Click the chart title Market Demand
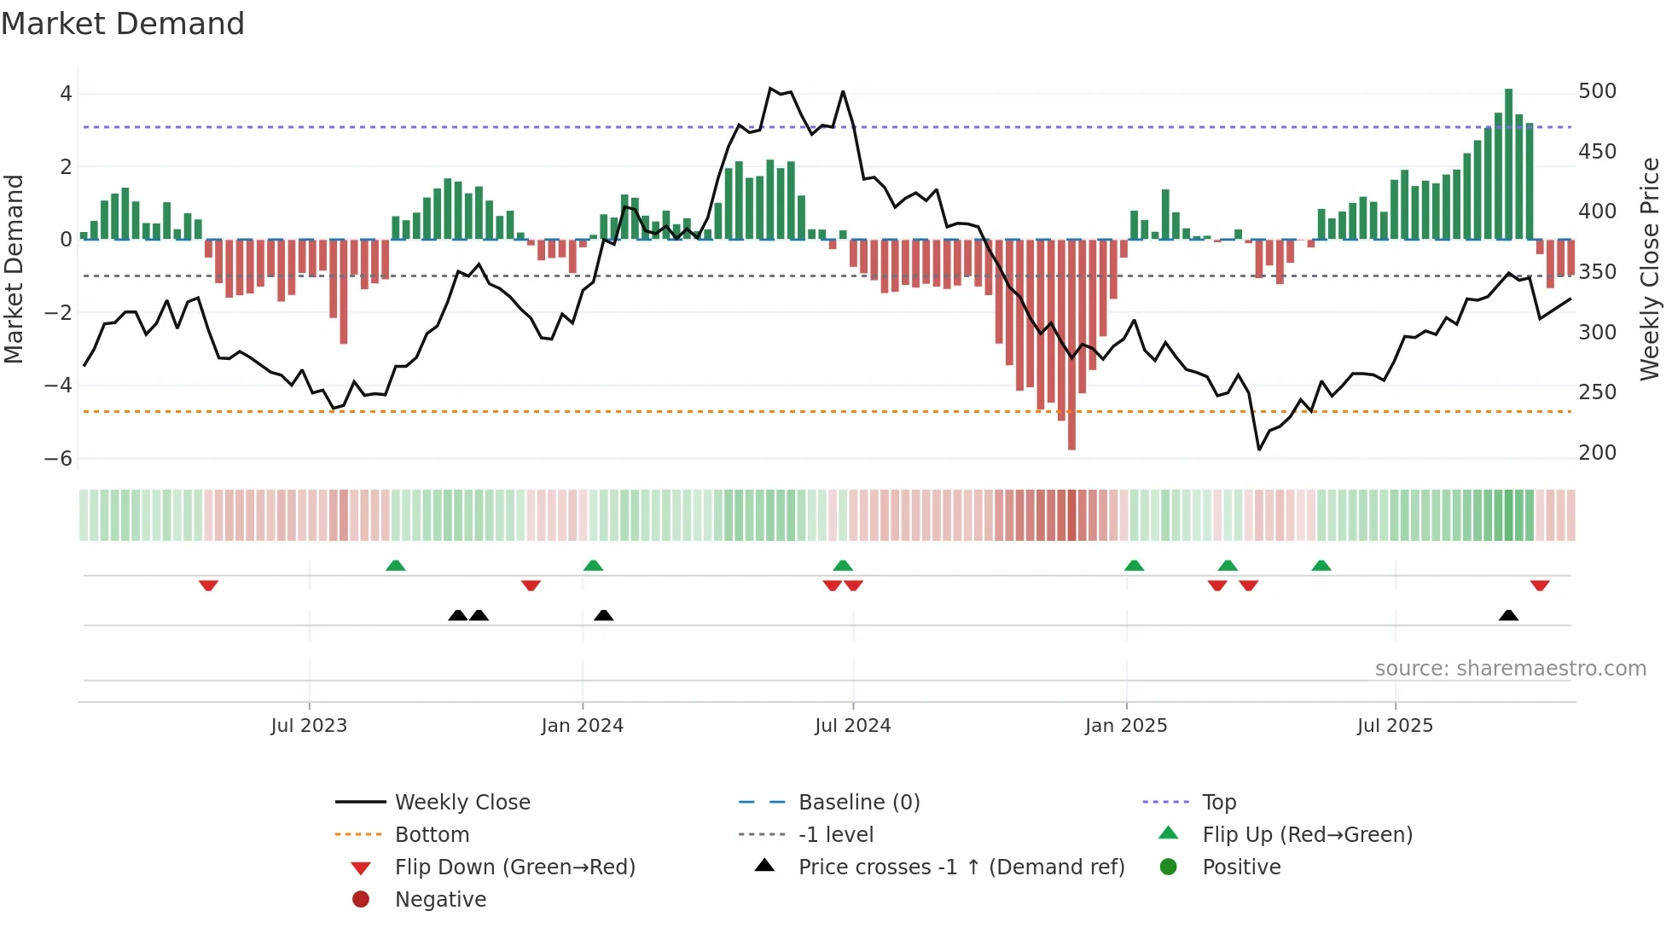[123, 24]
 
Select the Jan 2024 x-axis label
[582, 726]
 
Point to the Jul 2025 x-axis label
[1395, 726]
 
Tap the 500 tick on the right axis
[1597, 91]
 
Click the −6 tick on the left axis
[58, 459]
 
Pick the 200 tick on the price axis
[1597, 453]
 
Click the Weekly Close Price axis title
[1650, 269]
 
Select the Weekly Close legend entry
[462, 803]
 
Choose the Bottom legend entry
[432, 835]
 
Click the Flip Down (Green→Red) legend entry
[514, 867]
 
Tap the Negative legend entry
[440, 900]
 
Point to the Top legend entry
[1218, 803]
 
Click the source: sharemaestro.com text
[1510, 669]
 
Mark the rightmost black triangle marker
[1508, 616]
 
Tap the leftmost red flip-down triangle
[208, 585]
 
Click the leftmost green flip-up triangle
[395, 566]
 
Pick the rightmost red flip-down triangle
[1539, 585]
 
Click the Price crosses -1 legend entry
[961, 867]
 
